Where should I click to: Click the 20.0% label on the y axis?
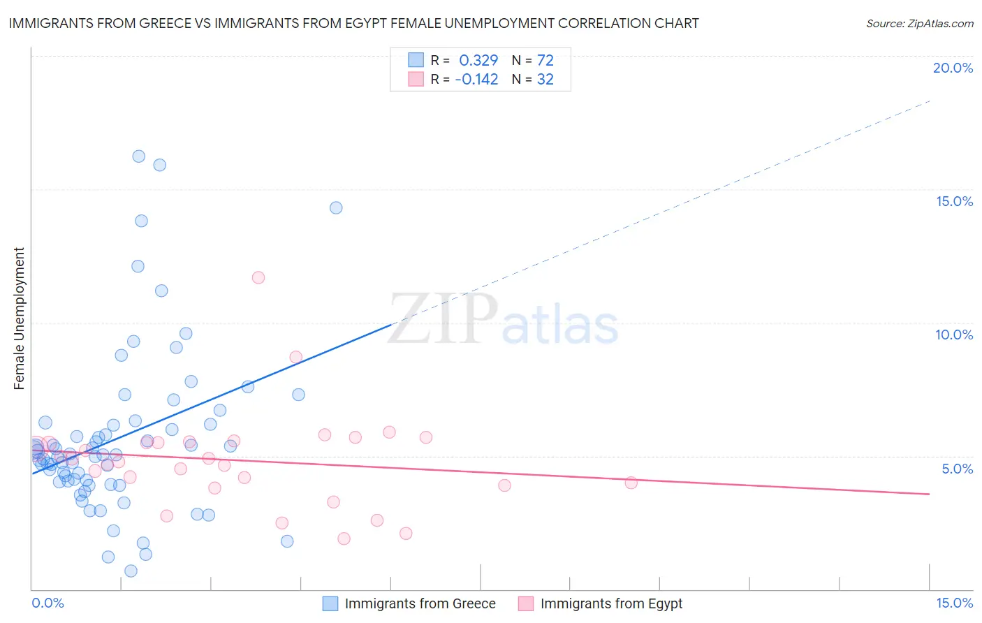click(953, 68)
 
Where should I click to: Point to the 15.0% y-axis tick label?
click(954, 201)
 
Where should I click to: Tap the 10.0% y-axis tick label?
click(954, 335)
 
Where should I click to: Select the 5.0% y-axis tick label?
click(957, 469)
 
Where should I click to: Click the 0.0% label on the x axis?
click(47, 603)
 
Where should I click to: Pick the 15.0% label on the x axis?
click(954, 603)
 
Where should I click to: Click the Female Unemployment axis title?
click(19, 318)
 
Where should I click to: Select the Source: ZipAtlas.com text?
click(919, 23)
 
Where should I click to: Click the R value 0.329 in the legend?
click(478, 60)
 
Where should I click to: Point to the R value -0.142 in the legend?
click(476, 79)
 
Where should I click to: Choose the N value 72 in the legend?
click(545, 60)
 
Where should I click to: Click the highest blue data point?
click(139, 156)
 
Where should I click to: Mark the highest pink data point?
click(258, 277)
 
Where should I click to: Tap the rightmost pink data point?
click(631, 483)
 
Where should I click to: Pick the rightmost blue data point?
click(336, 207)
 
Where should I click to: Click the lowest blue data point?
click(131, 571)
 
